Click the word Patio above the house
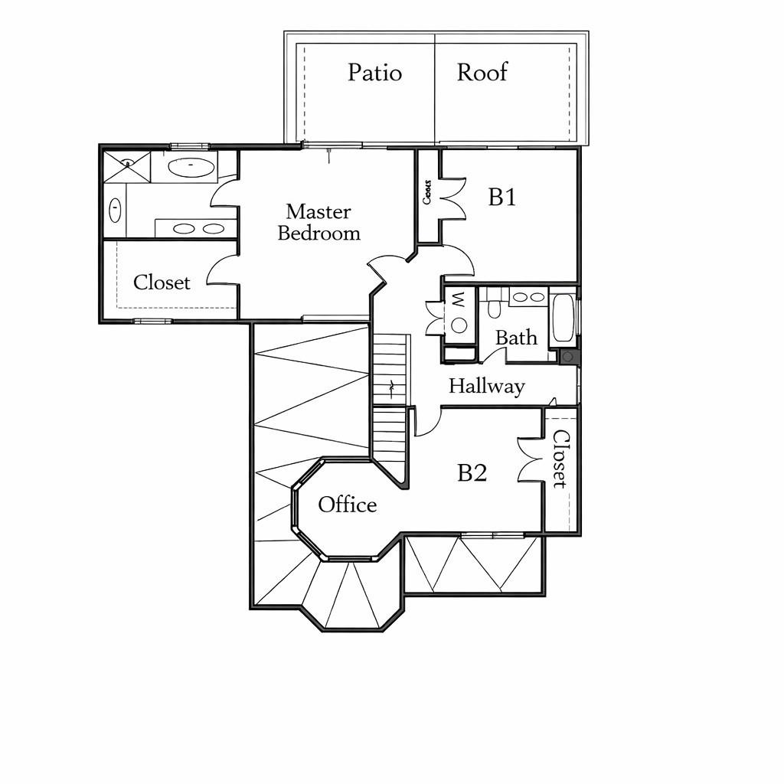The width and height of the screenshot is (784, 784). pos(374,73)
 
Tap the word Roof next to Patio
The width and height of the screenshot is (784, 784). pos(482,73)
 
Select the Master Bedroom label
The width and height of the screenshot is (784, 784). pos(318,222)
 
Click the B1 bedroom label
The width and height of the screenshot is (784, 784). pos(502,198)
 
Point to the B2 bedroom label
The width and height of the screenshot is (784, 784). pos(472,473)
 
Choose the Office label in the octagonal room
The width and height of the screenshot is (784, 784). pos(348,505)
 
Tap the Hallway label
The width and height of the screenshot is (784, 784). pos(486,386)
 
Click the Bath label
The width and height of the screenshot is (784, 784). pos(516,338)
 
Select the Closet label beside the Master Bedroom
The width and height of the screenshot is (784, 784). pos(162,283)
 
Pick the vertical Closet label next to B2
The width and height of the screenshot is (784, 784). pos(560,459)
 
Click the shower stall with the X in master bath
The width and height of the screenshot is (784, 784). pos(126,166)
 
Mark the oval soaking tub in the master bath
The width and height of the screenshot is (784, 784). pos(190,168)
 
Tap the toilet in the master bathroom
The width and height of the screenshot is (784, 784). pos(115,209)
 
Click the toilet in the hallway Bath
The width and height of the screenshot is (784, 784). pos(493,307)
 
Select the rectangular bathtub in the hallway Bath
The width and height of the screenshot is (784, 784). pos(563,318)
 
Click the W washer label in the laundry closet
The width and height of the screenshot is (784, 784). pos(457,299)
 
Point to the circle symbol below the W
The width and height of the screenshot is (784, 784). pos(459,325)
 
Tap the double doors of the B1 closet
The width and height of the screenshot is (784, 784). pos(452,197)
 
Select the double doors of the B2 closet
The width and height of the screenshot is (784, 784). pos(530,459)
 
